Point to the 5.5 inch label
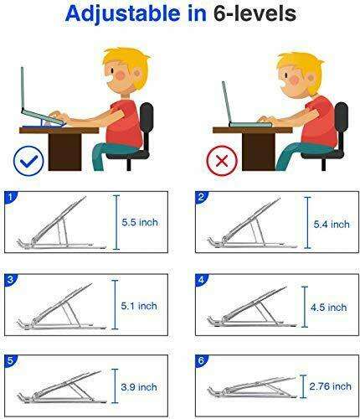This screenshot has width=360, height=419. click(141, 222)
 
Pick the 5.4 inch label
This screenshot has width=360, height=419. click(327, 225)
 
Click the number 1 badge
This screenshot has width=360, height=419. click(9, 199)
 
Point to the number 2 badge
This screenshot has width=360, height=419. click(201, 199)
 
